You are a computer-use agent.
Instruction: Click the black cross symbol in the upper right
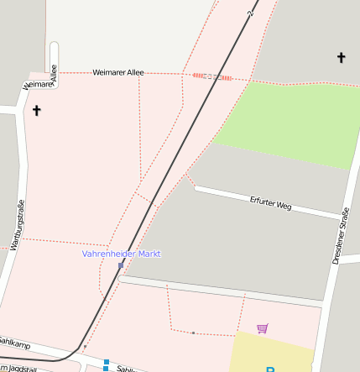pos(341,58)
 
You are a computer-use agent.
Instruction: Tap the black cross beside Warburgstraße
pos(36,110)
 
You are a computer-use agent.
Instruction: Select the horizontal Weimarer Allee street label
pos(118,73)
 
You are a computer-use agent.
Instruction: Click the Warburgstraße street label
pos(16,227)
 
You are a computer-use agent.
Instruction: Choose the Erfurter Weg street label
pos(271,202)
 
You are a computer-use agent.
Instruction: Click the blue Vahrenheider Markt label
pos(121,254)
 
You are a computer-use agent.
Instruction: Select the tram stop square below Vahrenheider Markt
pos(121,265)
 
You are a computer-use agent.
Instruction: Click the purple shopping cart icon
pos(263,328)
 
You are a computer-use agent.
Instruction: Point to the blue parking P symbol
pos(270,369)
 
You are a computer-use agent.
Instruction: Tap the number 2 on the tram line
pos(250,14)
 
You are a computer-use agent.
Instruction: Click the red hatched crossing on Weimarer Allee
pos(200,76)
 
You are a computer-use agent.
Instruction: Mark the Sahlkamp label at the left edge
pos(14,345)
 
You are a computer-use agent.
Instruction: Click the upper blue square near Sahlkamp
pos(106,361)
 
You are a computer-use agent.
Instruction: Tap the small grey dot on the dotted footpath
pos(193,333)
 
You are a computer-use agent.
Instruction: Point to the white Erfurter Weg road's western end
pos(197,188)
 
